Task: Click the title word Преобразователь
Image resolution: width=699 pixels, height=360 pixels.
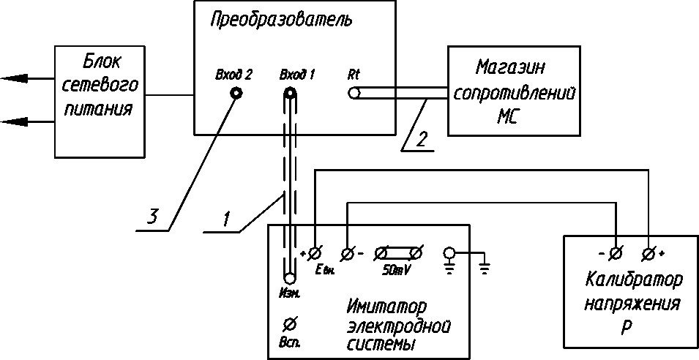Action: pos(281,20)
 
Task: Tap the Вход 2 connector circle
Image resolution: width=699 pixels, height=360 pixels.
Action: pos(236,93)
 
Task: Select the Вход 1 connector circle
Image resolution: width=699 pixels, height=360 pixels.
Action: pos(291,93)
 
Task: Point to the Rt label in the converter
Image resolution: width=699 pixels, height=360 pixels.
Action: pos(354,75)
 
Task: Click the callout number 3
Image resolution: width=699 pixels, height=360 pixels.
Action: pos(152,217)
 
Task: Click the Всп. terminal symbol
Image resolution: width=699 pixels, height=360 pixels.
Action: pos(289,323)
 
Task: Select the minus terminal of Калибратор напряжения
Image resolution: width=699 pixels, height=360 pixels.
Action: pos(616,253)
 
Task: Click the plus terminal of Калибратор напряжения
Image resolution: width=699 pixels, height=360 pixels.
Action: pos(648,253)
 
